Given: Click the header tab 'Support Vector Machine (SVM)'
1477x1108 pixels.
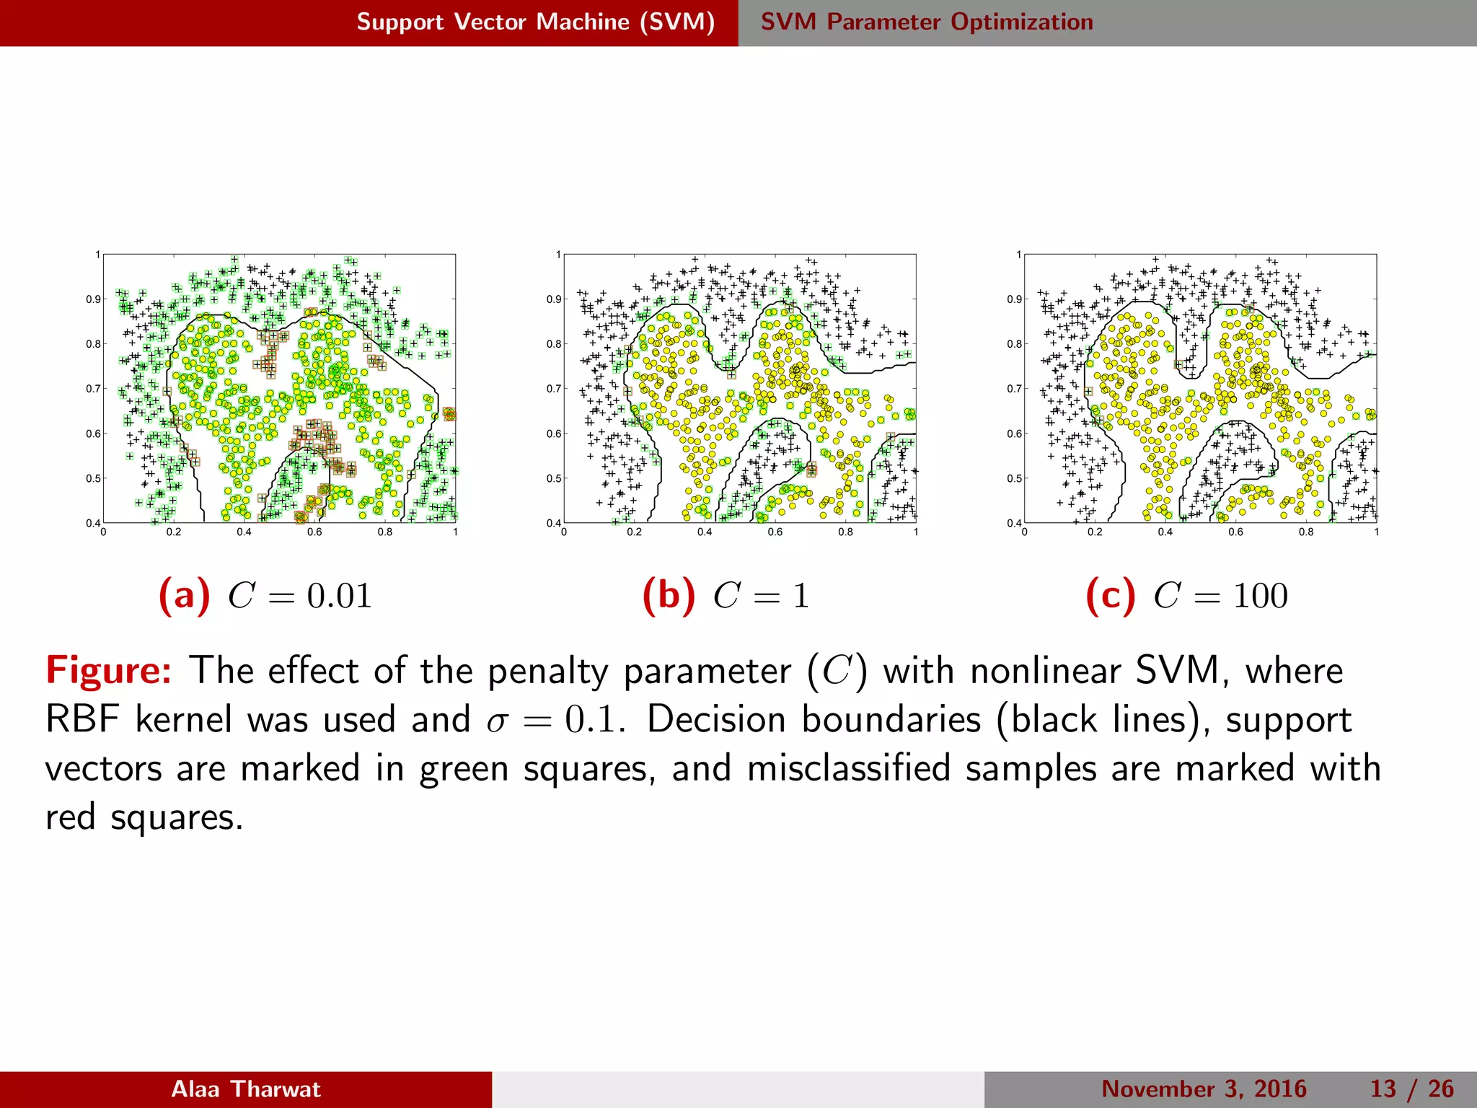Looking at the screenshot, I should pos(535,22).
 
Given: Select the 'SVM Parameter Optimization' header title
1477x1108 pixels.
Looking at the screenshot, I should pos(927,22).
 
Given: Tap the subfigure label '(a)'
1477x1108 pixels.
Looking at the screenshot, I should pos(184,596).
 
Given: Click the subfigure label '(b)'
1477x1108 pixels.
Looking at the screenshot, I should pos(669,596).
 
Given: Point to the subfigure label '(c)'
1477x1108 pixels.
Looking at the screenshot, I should pos(1111,596).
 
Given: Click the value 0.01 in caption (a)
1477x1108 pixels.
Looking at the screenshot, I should pos(339,597).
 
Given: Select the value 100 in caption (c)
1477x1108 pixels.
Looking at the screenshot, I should pos(1260,597).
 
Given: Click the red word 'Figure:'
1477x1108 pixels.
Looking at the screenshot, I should pos(109,671).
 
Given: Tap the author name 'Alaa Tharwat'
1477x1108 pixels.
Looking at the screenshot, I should pos(245,1089).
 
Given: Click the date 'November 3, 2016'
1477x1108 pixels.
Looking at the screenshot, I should pos(1204,1089).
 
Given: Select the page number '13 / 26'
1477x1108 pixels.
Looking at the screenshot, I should pos(1411,1089).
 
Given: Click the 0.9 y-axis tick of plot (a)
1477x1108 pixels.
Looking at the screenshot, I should pos(93,299).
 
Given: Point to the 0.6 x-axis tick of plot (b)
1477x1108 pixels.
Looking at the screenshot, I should pos(775,532).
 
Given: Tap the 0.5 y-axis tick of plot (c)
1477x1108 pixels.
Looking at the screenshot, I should pos(1014,478).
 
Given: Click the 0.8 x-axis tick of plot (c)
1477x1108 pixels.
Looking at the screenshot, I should pos(1306,532).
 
